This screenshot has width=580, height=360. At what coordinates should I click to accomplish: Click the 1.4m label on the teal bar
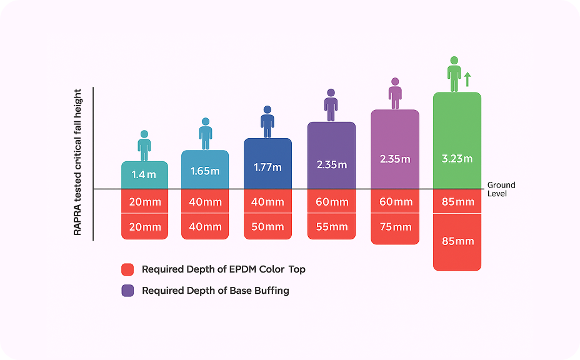[144, 175]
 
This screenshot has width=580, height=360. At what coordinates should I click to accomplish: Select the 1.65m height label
[205, 171]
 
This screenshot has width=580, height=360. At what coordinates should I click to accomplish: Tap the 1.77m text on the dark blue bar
[267, 167]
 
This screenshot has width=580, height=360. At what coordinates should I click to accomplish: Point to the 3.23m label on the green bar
[457, 159]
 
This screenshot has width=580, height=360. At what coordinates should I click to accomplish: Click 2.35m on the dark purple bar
[331, 165]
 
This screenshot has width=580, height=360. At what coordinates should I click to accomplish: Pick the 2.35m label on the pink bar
[395, 159]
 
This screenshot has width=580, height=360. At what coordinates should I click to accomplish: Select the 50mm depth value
[267, 227]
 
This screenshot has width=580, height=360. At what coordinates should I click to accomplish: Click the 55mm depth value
[331, 227]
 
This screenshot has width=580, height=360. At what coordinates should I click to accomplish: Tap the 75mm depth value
[395, 227]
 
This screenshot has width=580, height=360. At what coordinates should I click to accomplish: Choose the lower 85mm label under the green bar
[457, 241]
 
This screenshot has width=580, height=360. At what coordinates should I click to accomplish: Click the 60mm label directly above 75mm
[395, 202]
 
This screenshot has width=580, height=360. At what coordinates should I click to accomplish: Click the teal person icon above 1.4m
[144, 145]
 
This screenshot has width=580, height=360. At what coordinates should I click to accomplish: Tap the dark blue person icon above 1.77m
[267, 121]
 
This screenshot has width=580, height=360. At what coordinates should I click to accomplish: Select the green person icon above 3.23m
[454, 74]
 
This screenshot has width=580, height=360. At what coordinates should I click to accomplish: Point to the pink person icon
[395, 93]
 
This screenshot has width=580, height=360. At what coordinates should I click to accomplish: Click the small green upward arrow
[467, 79]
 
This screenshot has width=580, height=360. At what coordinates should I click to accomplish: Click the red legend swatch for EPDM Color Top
[128, 270]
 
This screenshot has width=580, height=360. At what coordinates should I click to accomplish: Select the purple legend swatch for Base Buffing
[128, 291]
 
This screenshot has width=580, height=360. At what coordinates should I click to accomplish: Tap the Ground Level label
[501, 189]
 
